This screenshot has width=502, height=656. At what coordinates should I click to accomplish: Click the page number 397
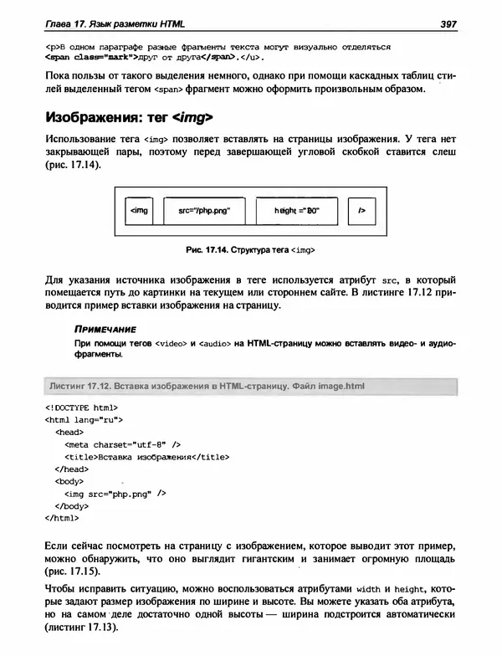[447, 25]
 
